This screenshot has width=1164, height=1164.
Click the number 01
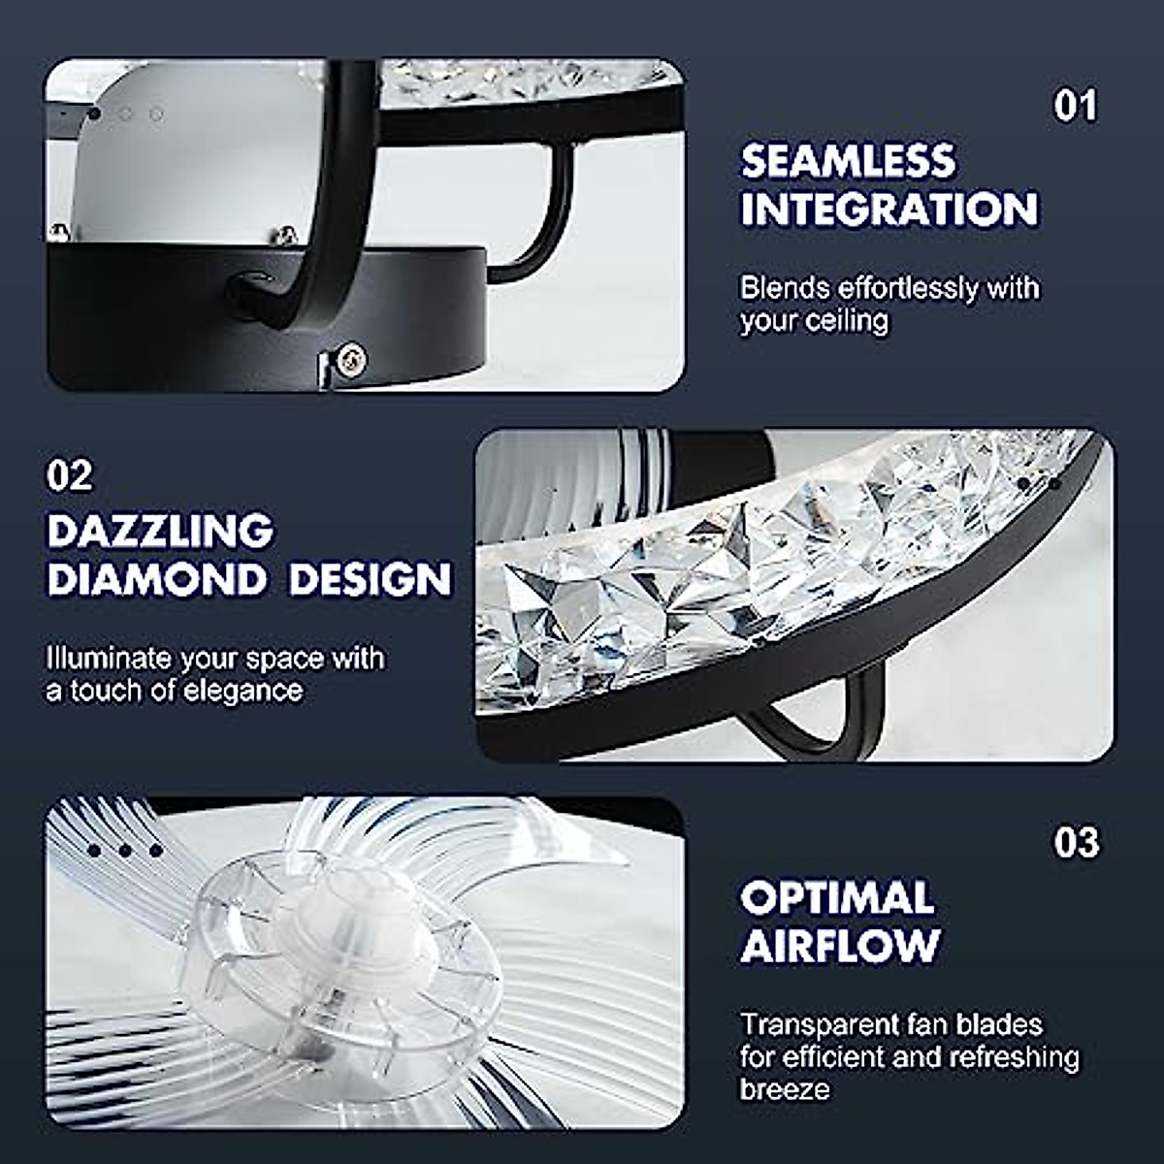click(x=1075, y=106)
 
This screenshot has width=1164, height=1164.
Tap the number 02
click(x=70, y=475)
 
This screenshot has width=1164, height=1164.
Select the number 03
click(x=1076, y=842)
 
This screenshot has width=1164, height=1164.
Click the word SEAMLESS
click(x=848, y=162)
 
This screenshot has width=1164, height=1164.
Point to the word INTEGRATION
click(x=889, y=210)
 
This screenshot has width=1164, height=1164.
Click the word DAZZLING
click(x=160, y=532)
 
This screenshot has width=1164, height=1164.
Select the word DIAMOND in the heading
click(x=156, y=579)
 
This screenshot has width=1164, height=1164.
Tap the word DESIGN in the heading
click(x=371, y=579)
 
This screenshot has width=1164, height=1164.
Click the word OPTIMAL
click(x=836, y=898)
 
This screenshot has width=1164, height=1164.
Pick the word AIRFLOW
click(x=840, y=946)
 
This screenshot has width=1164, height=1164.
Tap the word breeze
click(x=785, y=1088)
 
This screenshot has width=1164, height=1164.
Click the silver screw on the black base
click(x=350, y=359)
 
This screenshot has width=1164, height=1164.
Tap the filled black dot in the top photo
click(x=94, y=114)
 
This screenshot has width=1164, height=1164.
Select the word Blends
click(x=785, y=288)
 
